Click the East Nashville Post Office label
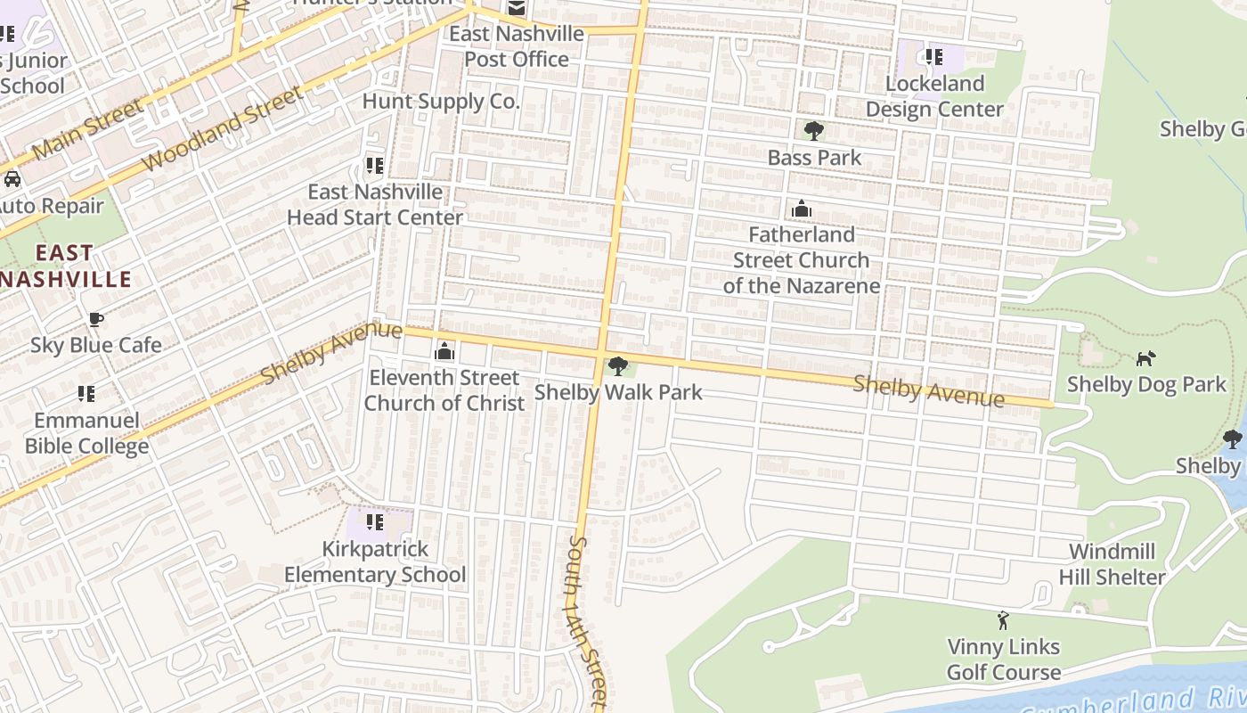517,46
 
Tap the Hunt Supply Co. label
440,102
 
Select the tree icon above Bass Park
813,132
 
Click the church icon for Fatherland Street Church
801,209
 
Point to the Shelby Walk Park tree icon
617,366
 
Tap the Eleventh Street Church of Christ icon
444,352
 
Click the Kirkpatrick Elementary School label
375,561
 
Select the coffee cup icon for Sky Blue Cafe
95,320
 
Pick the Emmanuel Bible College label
86,433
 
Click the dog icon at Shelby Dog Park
1145,359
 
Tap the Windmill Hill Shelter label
1112,564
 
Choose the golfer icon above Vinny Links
1003,620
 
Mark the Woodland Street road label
223,130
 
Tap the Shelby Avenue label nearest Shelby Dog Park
928,391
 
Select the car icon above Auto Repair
12,179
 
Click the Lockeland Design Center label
934,96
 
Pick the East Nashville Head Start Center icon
374,166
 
